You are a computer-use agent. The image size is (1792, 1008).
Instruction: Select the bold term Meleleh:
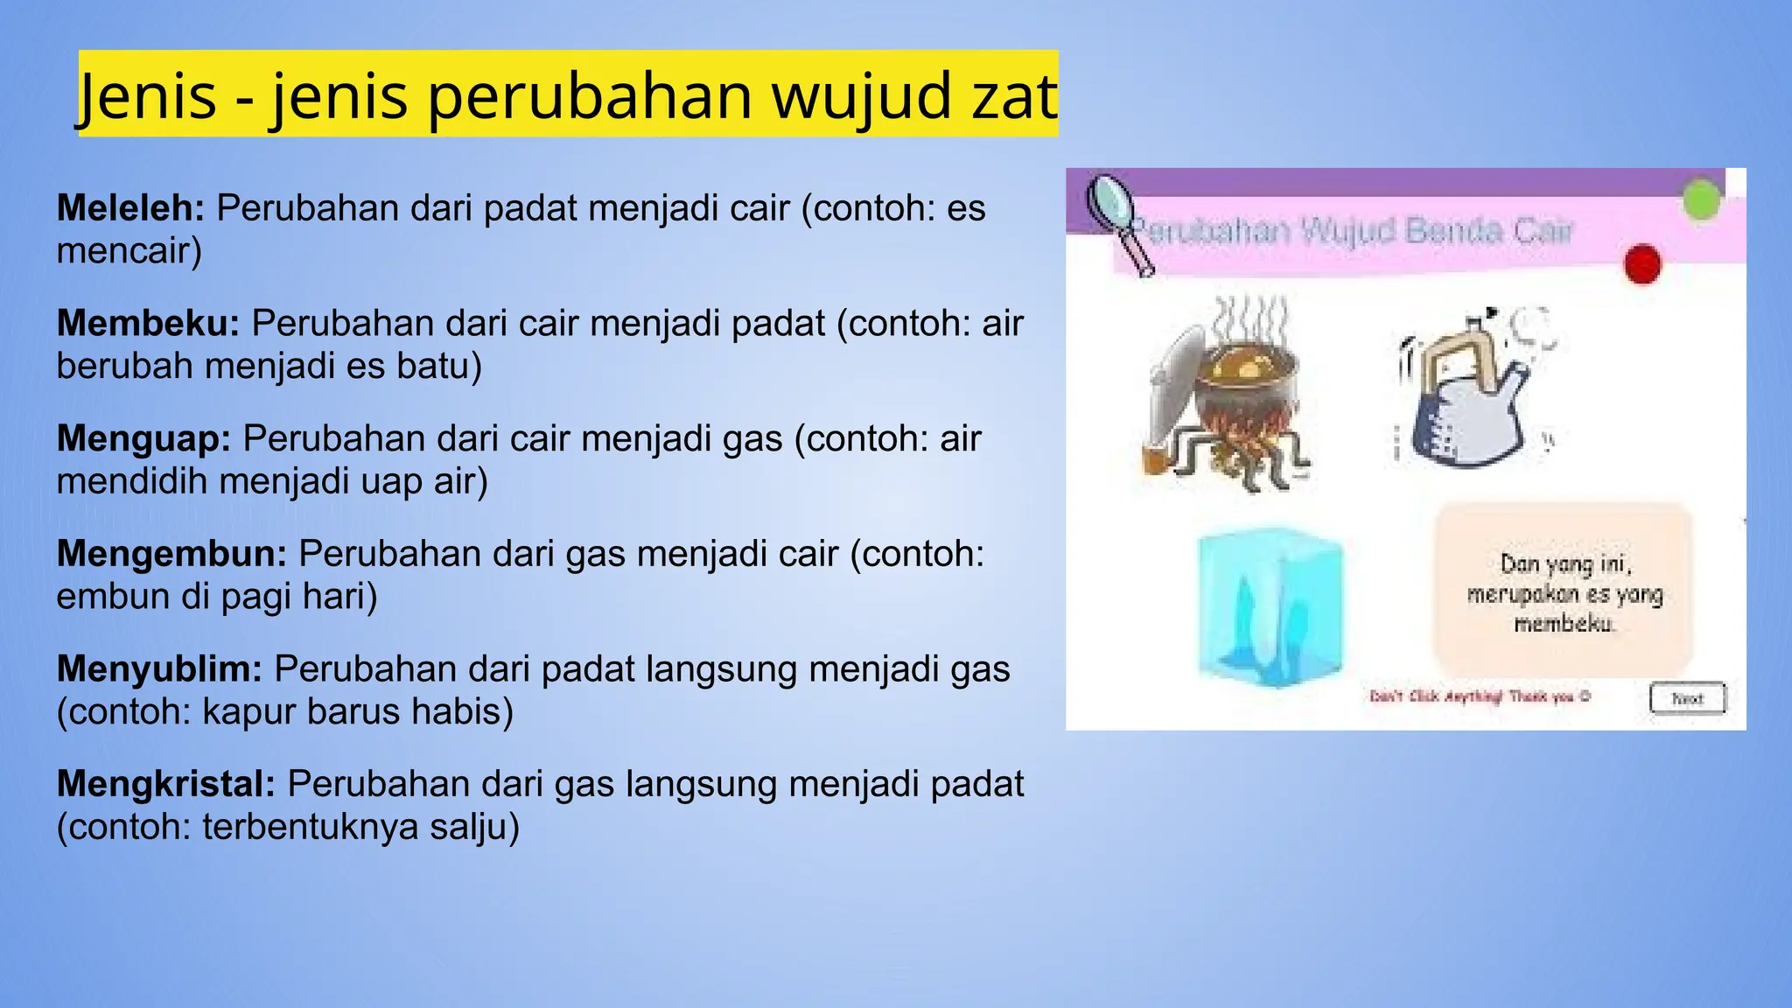tap(130, 208)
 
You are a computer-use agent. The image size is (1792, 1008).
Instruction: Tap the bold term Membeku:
tap(148, 324)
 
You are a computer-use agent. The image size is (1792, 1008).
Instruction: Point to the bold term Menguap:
tap(143, 439)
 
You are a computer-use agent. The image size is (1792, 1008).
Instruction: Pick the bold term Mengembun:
tap(171, 554)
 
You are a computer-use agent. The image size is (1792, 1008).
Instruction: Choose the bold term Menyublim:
tap(159, 669)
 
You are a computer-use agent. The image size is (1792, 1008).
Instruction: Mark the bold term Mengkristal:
tap(166, 784)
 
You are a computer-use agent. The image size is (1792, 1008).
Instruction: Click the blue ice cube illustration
tap(1269, 605)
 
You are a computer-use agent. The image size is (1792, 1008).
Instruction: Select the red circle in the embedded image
tap(1642, 264)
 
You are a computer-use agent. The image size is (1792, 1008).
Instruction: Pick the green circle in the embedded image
tap(1701, 200)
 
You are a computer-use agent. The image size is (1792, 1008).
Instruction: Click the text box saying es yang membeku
tap(1564, 592)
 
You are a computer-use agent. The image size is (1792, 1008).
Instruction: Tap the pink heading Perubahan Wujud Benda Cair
tap(1352, 232)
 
